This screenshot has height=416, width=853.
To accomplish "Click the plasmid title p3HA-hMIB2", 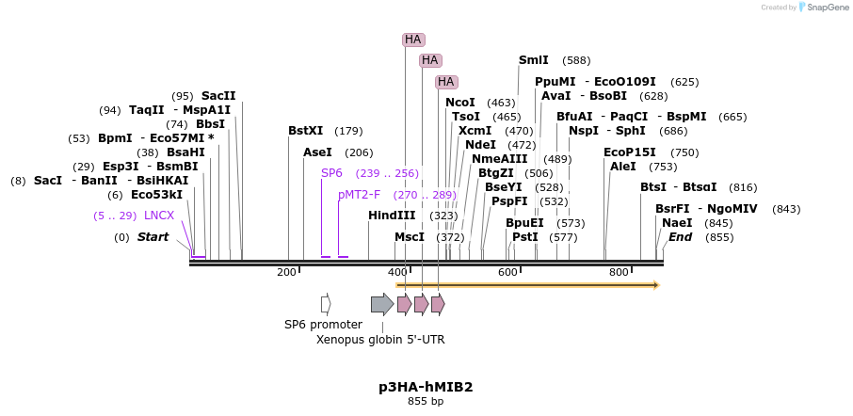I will coord(426,387).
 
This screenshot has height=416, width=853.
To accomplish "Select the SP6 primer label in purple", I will coord(331,173).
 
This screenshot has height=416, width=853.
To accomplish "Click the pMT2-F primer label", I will coord(360,195).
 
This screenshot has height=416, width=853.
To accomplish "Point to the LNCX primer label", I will coord(159,216).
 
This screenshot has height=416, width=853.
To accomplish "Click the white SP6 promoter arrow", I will coord(326,304).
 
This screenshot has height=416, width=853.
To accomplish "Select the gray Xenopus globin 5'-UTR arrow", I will coord(381,304).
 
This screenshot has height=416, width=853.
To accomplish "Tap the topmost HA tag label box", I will coord(413,40).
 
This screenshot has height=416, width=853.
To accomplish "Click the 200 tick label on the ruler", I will coord(286,272).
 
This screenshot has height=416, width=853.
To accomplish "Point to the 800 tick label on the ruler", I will coord(619,272).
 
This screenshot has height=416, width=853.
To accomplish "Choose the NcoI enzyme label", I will coord(460,103).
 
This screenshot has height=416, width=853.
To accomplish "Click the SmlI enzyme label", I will coord(533,60).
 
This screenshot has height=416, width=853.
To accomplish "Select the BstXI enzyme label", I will coord(305,131).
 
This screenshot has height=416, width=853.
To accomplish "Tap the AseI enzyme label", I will coord(317,152).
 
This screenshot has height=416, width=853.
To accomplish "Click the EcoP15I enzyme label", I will coord(630,152).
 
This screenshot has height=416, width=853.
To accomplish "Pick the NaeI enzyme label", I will coord(677,223).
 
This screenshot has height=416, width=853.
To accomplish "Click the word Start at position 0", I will coord(153,237).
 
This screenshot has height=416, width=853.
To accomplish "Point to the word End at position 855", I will coord(680,237).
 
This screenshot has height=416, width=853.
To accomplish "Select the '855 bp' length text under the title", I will coord(426,402).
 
